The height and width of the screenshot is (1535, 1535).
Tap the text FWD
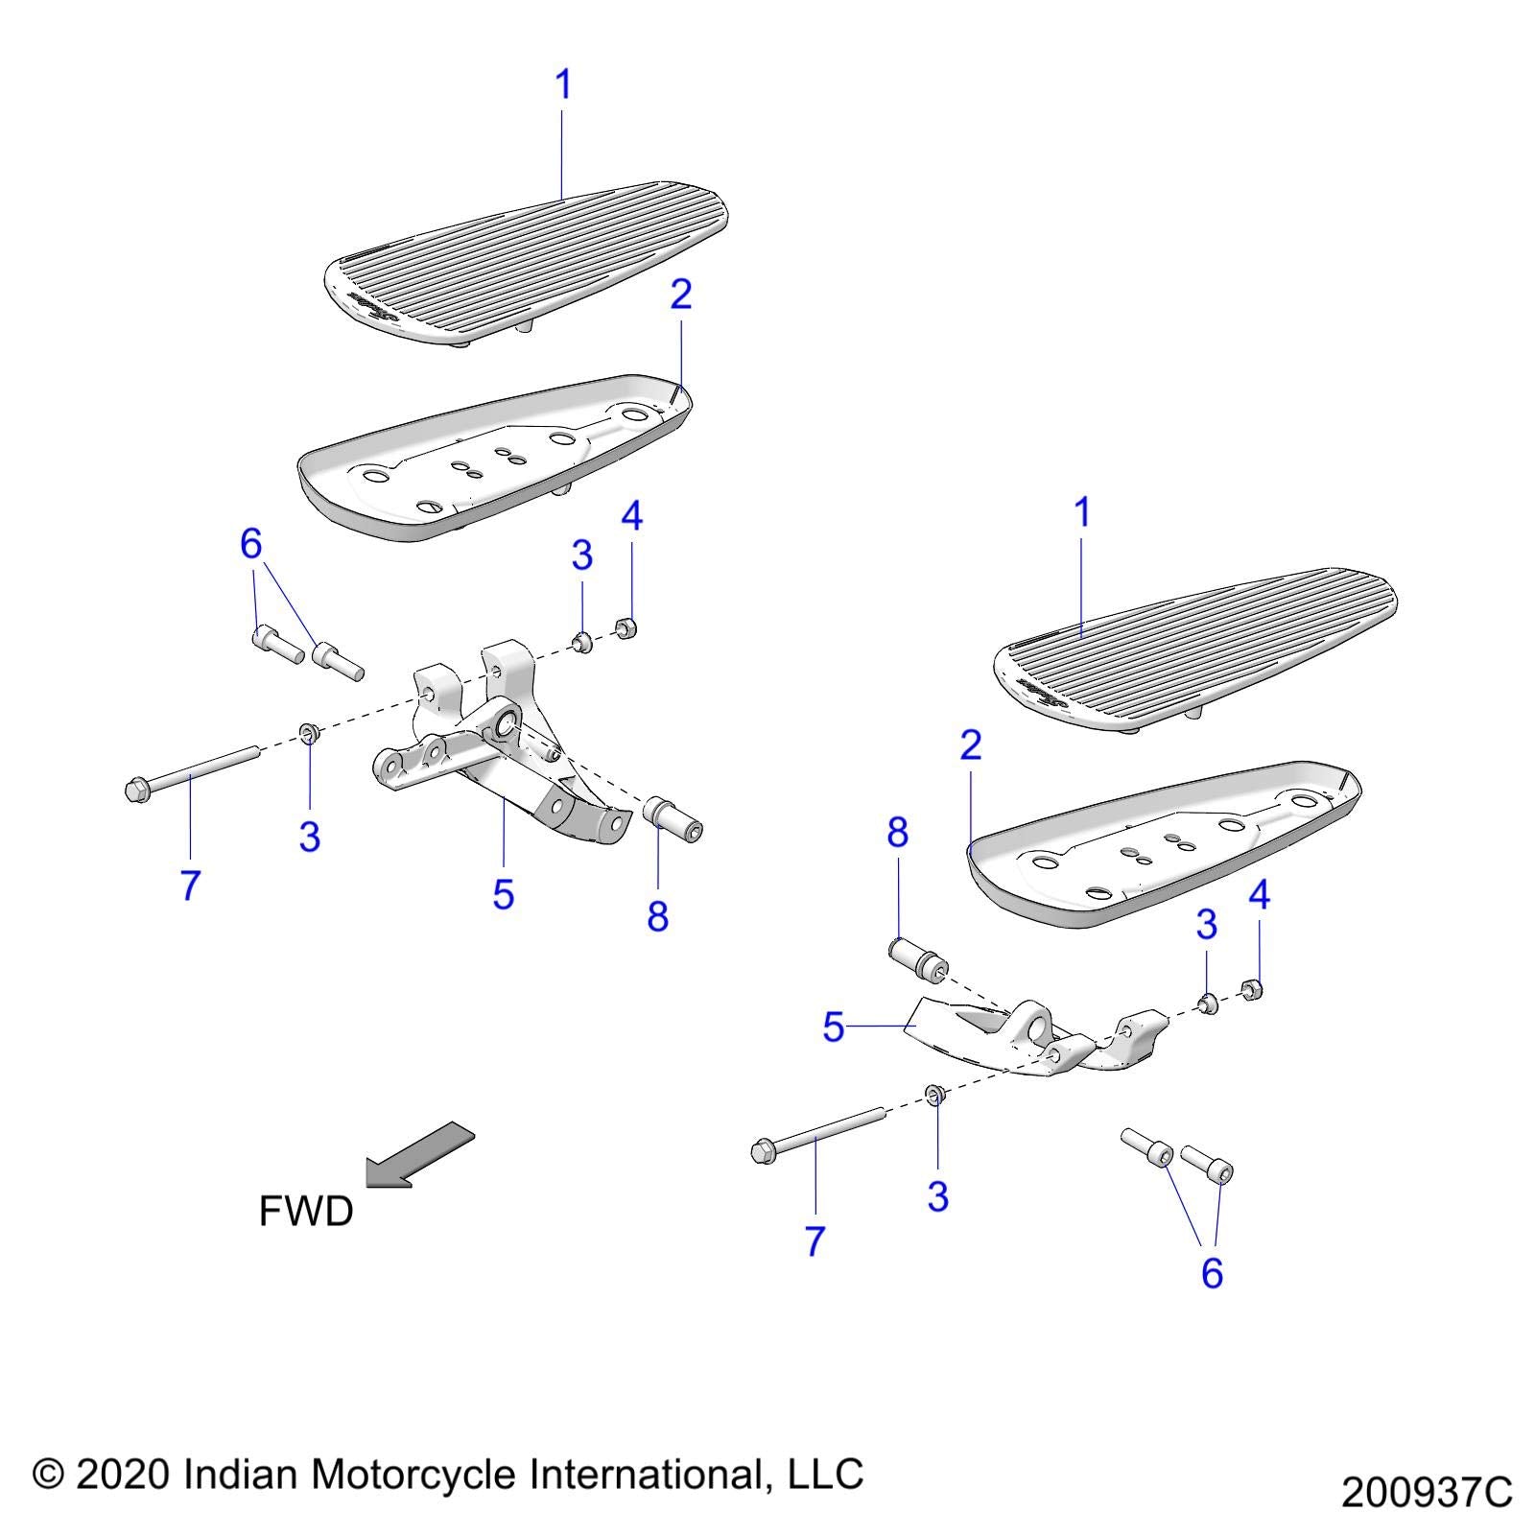coord(306,1212)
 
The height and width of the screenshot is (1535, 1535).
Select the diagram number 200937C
coord(1426,1493)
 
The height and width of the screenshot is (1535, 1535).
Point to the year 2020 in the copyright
coord(122,1475)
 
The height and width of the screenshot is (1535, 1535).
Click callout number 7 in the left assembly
coord(190,884)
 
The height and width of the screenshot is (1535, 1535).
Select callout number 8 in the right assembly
coord(897,833)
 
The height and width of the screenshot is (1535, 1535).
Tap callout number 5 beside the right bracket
coord(833,1027)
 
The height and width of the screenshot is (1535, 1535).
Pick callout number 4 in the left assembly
coord(631,516)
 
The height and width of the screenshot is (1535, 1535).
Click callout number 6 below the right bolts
coord(1212,1273)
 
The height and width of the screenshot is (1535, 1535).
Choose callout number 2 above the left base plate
coord(680,295)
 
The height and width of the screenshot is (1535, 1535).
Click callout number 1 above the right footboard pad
coord(1082,513)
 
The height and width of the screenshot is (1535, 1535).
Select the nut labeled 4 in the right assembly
coord(1251,989)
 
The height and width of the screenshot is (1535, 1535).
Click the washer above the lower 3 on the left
coord(309,733)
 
